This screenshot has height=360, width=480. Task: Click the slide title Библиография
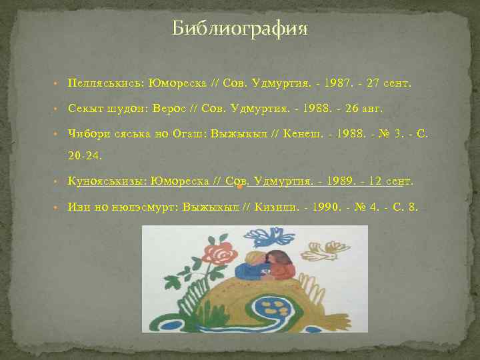tap(240, 29)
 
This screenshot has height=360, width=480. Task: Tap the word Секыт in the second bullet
tap(85, 109)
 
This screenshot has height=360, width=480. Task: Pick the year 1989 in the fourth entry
tap(343, 181)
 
